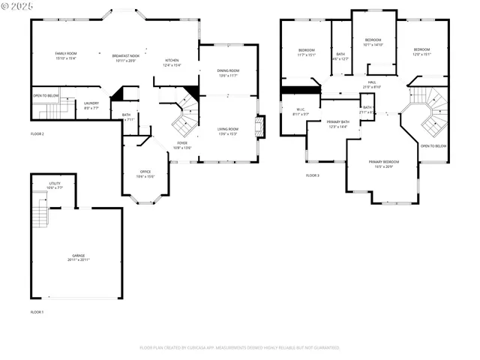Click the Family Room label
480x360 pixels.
point(66,54)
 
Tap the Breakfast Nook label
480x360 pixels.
point(126,56)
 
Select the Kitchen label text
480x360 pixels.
point(172,60)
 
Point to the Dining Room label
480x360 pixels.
point(228,71)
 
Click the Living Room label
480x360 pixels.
point(228,130)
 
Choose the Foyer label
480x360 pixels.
point(182,142)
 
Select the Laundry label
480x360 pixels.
point(91,103)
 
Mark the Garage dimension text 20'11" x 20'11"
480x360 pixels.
point(79,259)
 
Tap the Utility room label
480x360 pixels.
point(55,183)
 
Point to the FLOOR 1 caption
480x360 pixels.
point(37,311)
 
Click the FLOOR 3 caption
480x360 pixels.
point(312,175)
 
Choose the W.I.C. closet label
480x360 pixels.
point(300,110)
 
